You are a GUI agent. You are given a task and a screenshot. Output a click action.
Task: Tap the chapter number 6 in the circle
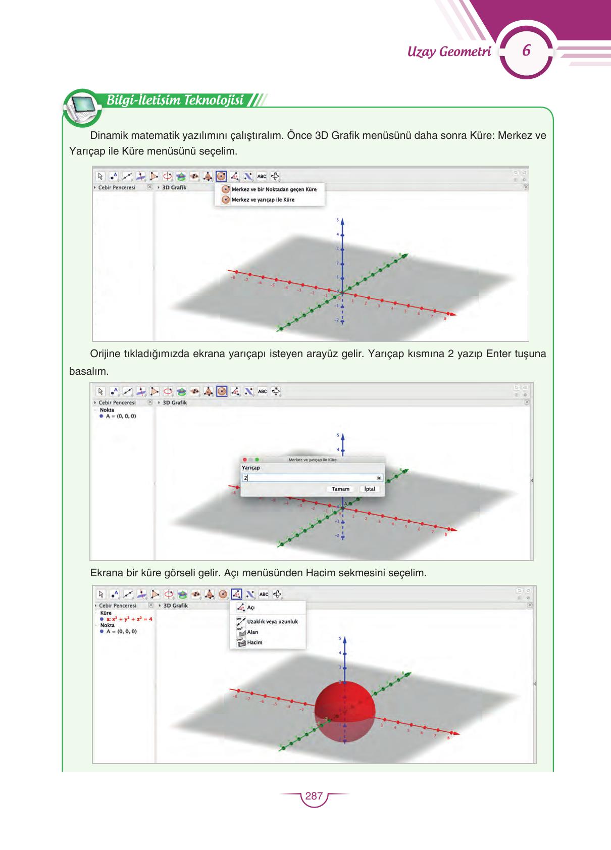coord(526,51)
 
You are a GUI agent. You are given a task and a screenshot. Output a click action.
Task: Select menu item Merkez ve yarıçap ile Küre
coord(263,199)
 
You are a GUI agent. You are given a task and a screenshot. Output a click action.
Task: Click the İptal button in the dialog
coord(370,489)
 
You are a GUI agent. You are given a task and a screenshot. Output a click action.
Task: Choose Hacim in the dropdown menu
coord(254,642)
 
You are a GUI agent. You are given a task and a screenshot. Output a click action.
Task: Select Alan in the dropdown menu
coord(252,632)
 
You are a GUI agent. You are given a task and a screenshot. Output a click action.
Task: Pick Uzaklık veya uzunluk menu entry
coord(272,621)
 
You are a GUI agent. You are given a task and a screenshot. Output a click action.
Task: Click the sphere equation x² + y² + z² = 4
coord(129,619)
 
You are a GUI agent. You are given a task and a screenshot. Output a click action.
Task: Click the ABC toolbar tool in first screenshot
coord(262,176)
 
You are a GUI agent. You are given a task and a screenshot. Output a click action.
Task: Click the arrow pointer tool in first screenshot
coord(100,176)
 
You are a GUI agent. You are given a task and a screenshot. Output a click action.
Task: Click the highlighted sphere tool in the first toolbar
coord(221,176)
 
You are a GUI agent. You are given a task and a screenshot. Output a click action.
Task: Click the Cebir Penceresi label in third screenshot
coord(118,605)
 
